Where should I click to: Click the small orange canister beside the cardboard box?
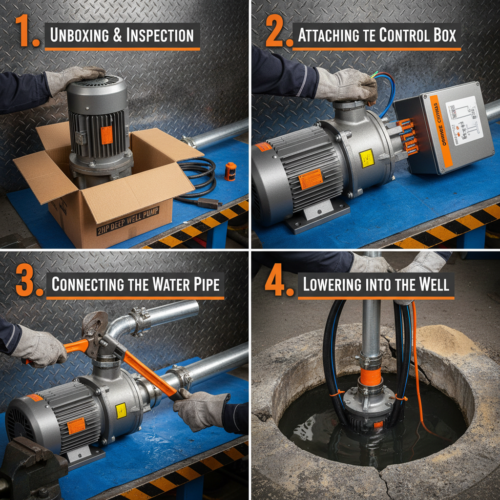[230, 171]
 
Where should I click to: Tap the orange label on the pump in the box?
[106, 135]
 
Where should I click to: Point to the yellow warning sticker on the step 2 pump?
[366, 159]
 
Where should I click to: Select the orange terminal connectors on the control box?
[407, 137]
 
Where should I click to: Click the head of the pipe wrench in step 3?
[98, 330]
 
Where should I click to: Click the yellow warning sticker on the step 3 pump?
[121, 411]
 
